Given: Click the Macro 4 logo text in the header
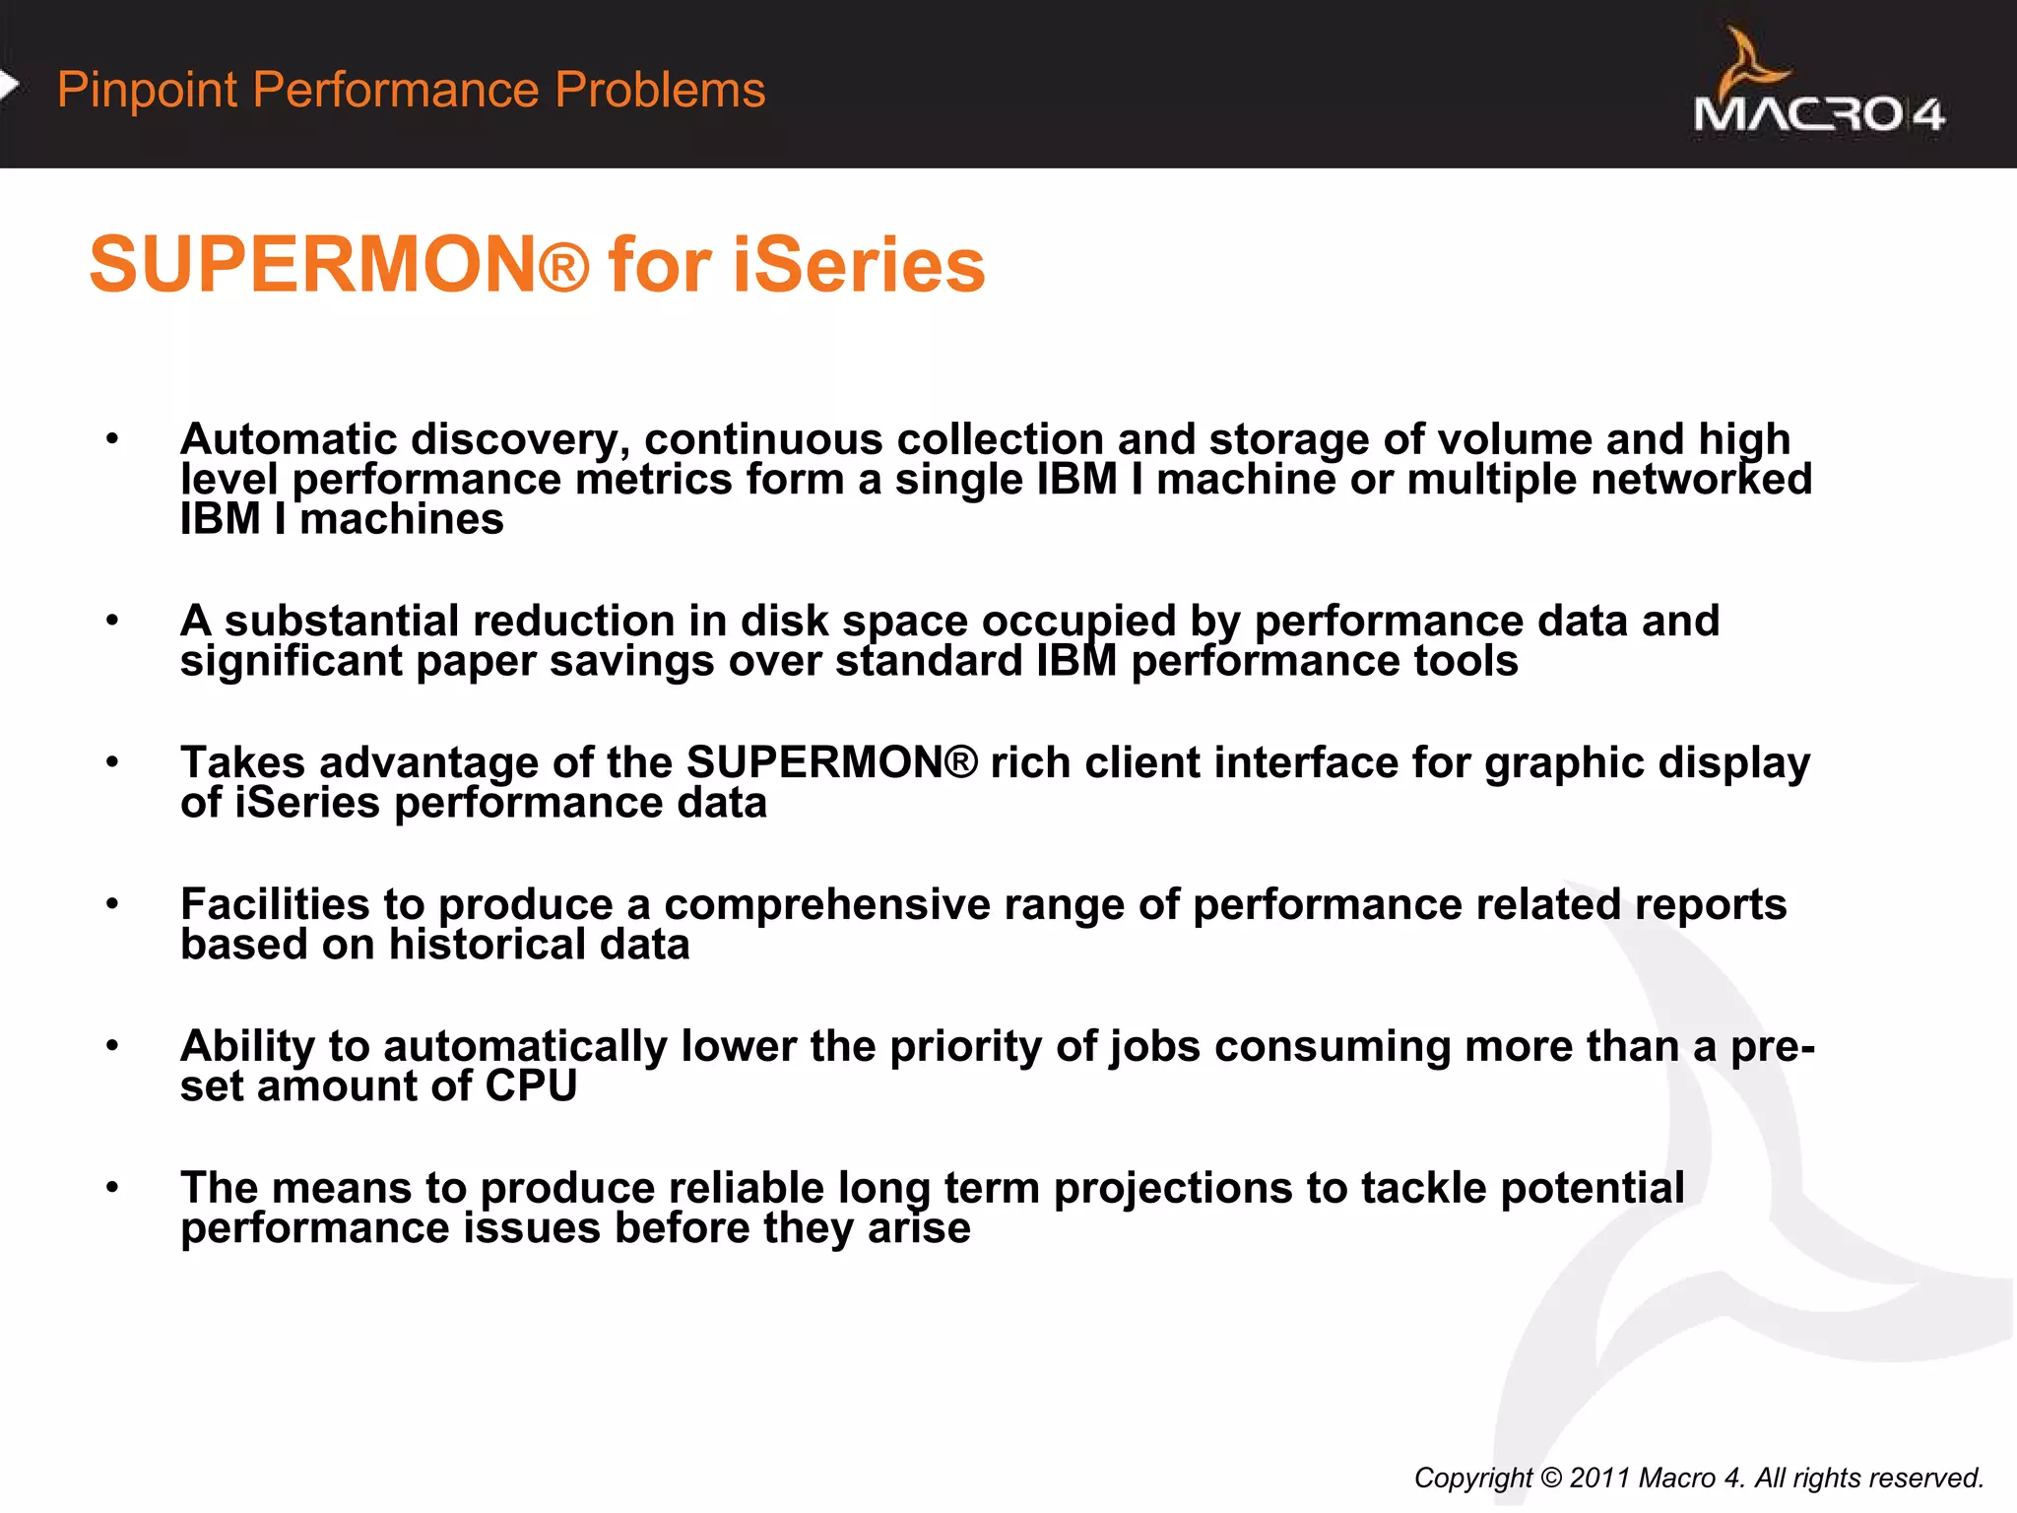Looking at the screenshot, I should (x=1818, y=114).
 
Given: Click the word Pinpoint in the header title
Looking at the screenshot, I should (x=148, y=90).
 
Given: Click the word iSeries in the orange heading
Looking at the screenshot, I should (x=858, y=266).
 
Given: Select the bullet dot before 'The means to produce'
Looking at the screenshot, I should (x=113, y=1188).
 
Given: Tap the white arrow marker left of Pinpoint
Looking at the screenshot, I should (x=9, y=86).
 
